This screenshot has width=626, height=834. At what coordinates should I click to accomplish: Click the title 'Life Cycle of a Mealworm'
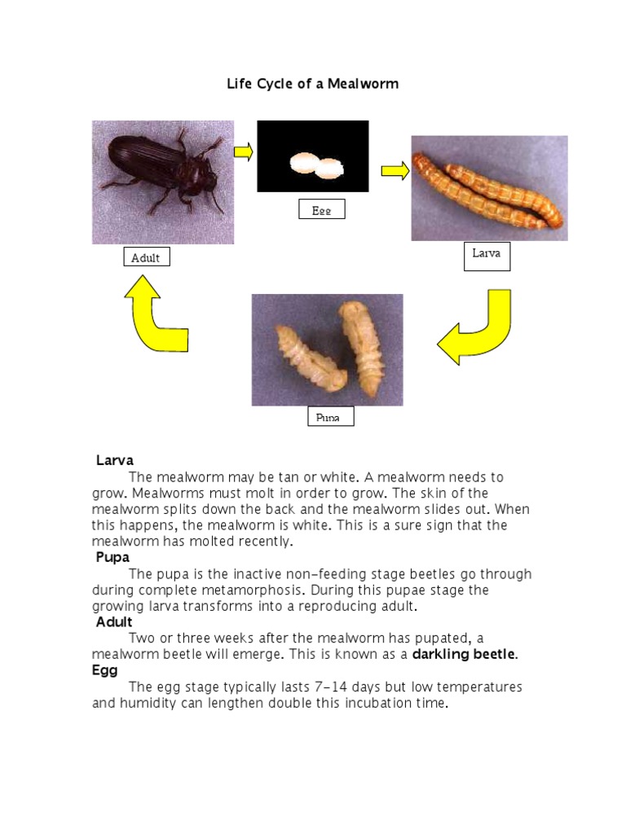coord(312,84)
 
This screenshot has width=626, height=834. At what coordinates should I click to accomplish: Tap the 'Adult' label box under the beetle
coord(147,258)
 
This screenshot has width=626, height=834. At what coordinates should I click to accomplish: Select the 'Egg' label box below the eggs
coord(321,209)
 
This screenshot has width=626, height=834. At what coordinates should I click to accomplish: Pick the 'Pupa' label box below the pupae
coord(330,417)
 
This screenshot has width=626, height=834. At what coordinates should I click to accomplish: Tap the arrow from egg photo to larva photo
coord(395,170)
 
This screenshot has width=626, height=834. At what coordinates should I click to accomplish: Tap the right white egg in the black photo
coord(330,169)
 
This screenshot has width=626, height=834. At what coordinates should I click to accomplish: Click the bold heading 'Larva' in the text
coord(114,460)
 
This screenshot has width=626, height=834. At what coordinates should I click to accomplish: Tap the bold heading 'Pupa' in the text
coord(113,558)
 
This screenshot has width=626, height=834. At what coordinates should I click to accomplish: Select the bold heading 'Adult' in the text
coord(114,622)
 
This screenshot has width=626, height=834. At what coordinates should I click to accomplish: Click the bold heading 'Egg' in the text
coord(104,670)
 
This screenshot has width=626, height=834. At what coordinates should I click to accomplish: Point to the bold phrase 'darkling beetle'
coord(464,654)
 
